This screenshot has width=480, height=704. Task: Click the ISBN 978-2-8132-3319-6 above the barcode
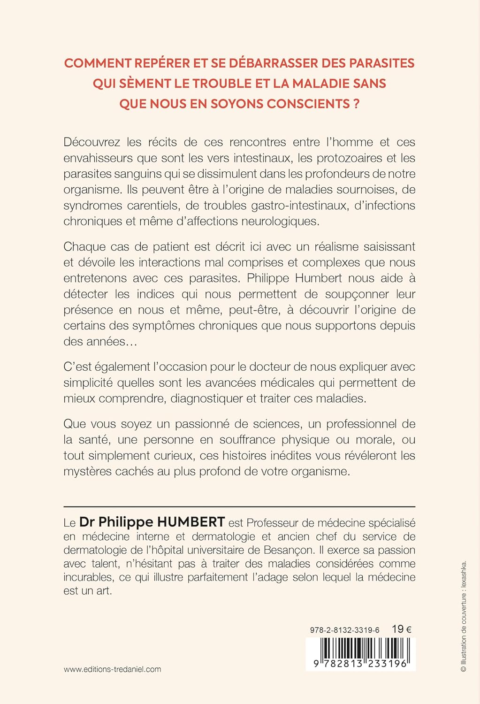[344, 630]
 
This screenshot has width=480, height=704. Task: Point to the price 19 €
[401, 629]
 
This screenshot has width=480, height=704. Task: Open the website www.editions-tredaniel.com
[112, 669]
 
